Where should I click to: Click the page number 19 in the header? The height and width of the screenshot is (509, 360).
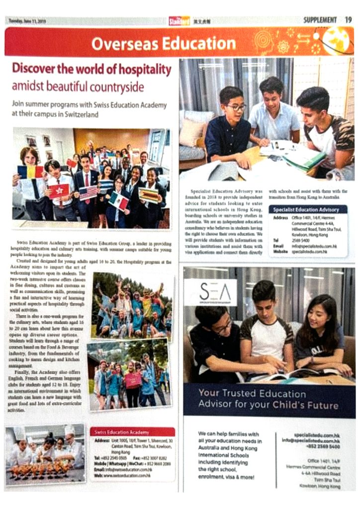(349, 20)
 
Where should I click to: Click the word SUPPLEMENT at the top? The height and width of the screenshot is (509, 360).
(320, 20)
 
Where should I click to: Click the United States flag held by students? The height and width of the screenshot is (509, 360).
(89, 192)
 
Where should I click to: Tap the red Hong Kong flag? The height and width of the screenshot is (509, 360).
(59, 190)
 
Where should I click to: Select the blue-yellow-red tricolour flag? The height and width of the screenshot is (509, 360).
(30, 172)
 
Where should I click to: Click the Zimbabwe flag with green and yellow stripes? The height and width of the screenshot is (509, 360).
(149, 194)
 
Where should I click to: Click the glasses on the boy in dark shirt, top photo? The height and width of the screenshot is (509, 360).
(236, 107)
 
